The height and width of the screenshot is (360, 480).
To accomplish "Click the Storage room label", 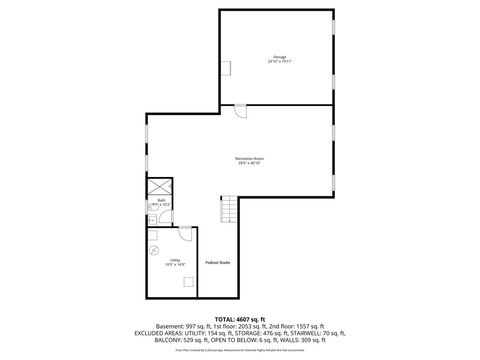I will coord(279,58).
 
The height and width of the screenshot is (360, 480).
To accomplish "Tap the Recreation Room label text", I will coord(249,161).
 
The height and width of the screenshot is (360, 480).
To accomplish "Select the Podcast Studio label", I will coord(218,262).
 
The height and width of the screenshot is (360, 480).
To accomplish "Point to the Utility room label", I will coord(175,262).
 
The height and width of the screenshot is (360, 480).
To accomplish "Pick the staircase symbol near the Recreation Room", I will coord(229,211).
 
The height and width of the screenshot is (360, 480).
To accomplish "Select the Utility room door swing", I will coord(185,234).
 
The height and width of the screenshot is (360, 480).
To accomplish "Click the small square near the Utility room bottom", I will coord(187,281).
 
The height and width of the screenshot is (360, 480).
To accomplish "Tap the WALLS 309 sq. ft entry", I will coord(295,341).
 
